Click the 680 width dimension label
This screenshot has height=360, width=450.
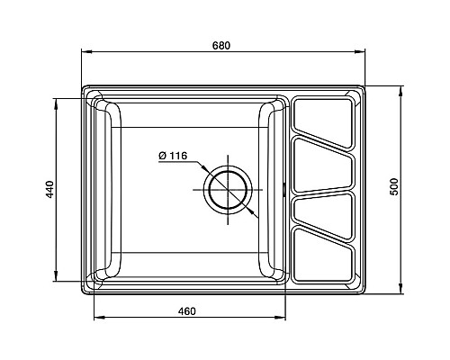(221, 46)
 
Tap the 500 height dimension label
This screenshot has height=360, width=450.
(394, 187)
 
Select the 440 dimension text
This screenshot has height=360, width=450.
(49, 189)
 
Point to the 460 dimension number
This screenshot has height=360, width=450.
(186, 311)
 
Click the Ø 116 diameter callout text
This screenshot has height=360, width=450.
(173, 156)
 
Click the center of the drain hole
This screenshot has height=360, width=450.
(228, 190)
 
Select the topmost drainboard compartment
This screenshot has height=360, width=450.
(323, 122)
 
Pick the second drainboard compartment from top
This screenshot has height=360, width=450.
(323, 165)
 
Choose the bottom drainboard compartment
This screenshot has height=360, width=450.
(323, 256)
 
